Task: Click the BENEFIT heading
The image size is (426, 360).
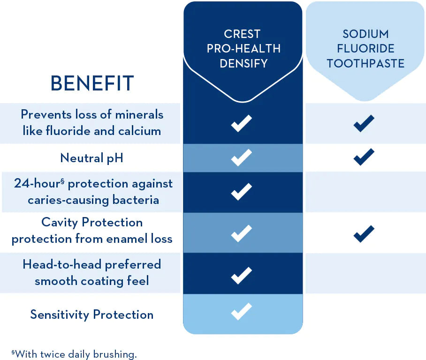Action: point(92,83)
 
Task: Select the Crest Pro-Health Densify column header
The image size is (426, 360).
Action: point(243,48)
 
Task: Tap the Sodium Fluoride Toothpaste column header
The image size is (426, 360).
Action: point(365,48)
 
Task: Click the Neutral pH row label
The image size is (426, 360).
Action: point(92,157)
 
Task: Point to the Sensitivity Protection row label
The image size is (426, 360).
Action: point(92,314)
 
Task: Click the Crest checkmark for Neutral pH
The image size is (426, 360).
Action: point(242,157)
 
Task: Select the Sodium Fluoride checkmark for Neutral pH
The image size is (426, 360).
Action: point(364,157)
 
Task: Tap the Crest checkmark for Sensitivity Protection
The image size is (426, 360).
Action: point(242,311)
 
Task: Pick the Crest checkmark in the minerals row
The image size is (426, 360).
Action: point(242,123)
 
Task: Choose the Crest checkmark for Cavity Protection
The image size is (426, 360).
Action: point(242,233)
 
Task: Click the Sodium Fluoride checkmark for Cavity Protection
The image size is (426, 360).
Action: point(364,233)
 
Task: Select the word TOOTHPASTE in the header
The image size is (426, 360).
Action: point(365,63)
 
